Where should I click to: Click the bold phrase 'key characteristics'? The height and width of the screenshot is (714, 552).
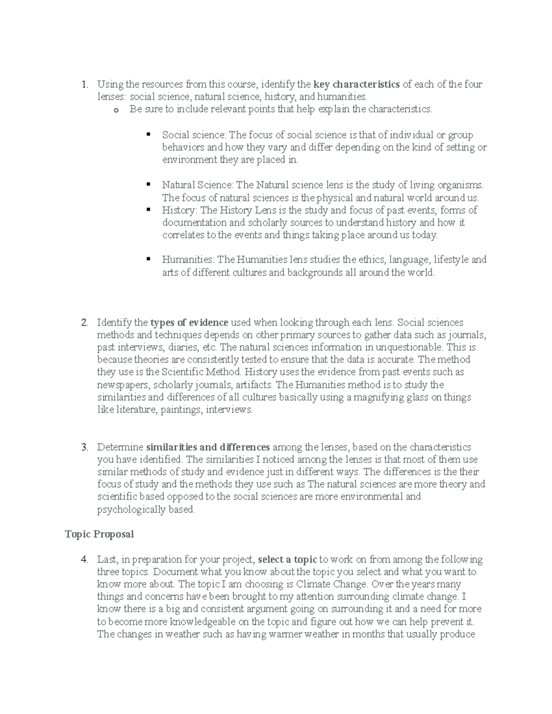pyautogui.click(x=356, y=85)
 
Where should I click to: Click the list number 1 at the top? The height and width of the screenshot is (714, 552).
pyautogui.click(x=84, y=85)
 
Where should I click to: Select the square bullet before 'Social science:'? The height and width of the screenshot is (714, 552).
pyautogui.click(x=148, y=135)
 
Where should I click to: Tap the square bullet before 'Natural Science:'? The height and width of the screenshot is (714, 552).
pyautogui.click(x=148, y=184)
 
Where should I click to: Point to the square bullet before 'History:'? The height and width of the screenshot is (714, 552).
pyautogui.click(x=148, y=210)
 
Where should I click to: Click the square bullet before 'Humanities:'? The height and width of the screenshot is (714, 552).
pyautogui.click(x=148, y=259)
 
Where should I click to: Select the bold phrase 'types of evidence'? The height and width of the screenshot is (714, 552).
pyautogui.click(x=190, y=322)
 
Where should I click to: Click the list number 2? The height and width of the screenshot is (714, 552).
pyautogui.click(x=84, y=322)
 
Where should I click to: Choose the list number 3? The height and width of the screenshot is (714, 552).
pyautogui.click(x=84, y=447)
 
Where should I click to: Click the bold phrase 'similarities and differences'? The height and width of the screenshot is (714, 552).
pyautogui.click(x=208, y=447)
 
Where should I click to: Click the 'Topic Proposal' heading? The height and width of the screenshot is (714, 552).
pyautogui.click(x=99, y=534)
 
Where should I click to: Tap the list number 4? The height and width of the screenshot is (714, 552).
pyautogui.click(x=84, y=560)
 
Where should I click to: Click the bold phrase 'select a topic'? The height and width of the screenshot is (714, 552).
pyautogui.click(x=287, y=560)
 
